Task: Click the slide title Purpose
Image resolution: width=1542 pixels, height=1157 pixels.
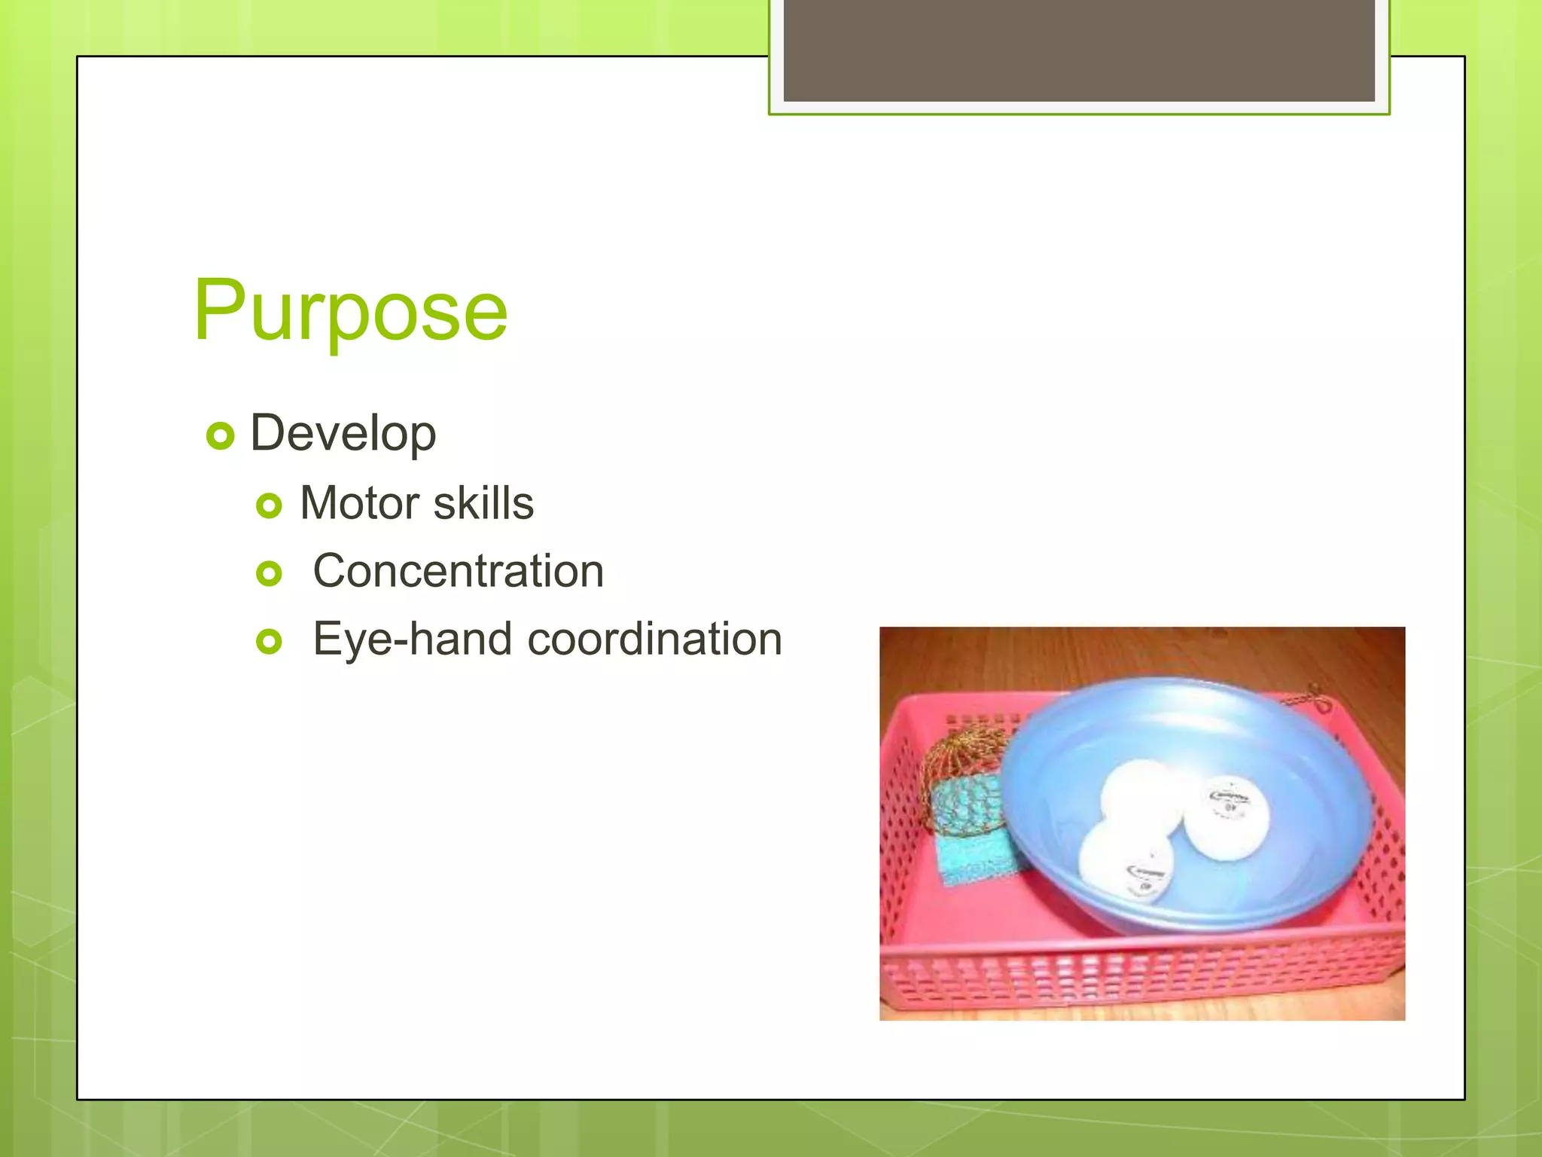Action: pos(350,310)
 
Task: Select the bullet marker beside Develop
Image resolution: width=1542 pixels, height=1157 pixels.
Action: pos(220,435)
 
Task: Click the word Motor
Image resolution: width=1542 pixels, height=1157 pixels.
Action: pos(359,502)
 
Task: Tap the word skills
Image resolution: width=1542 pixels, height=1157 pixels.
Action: pos(483,502)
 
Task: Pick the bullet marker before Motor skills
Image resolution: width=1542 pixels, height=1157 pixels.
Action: pos(269,505)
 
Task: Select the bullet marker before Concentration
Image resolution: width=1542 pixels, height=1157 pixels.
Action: pos(269,574)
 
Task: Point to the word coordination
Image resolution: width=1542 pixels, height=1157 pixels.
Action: pos(654,639)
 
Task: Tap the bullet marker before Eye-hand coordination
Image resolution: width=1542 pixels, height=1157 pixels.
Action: pos(269,642)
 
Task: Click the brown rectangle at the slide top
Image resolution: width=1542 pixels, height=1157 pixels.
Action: pos(1078,50)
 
